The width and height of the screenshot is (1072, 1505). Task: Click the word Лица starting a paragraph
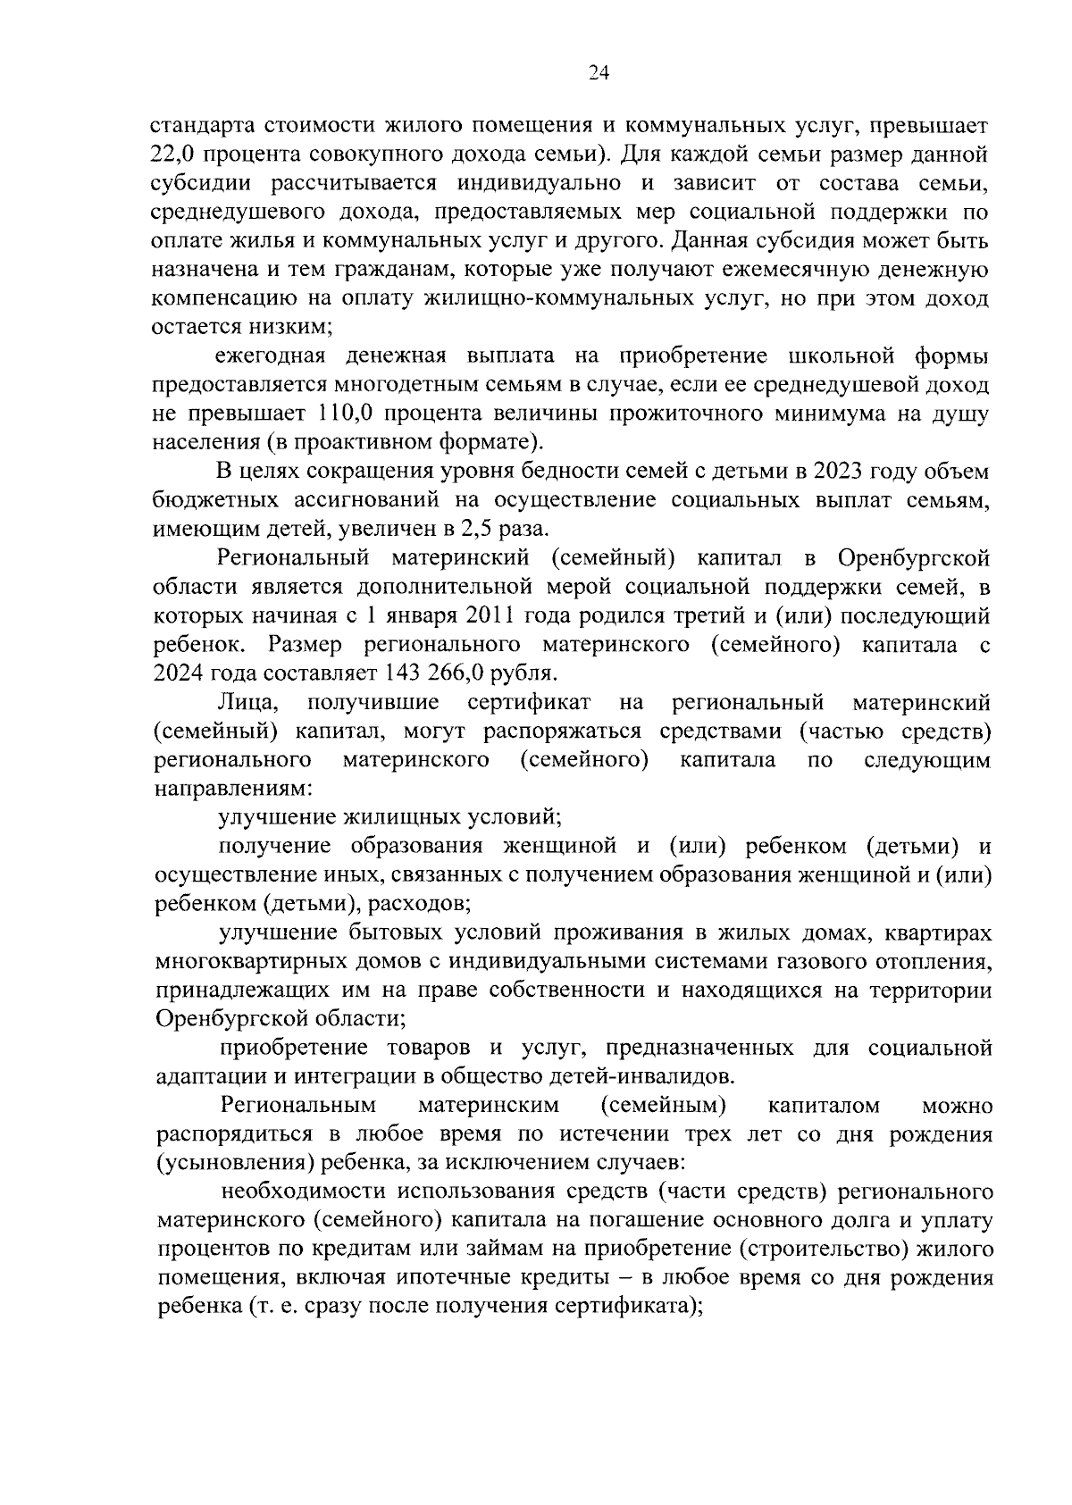pos(252,703)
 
